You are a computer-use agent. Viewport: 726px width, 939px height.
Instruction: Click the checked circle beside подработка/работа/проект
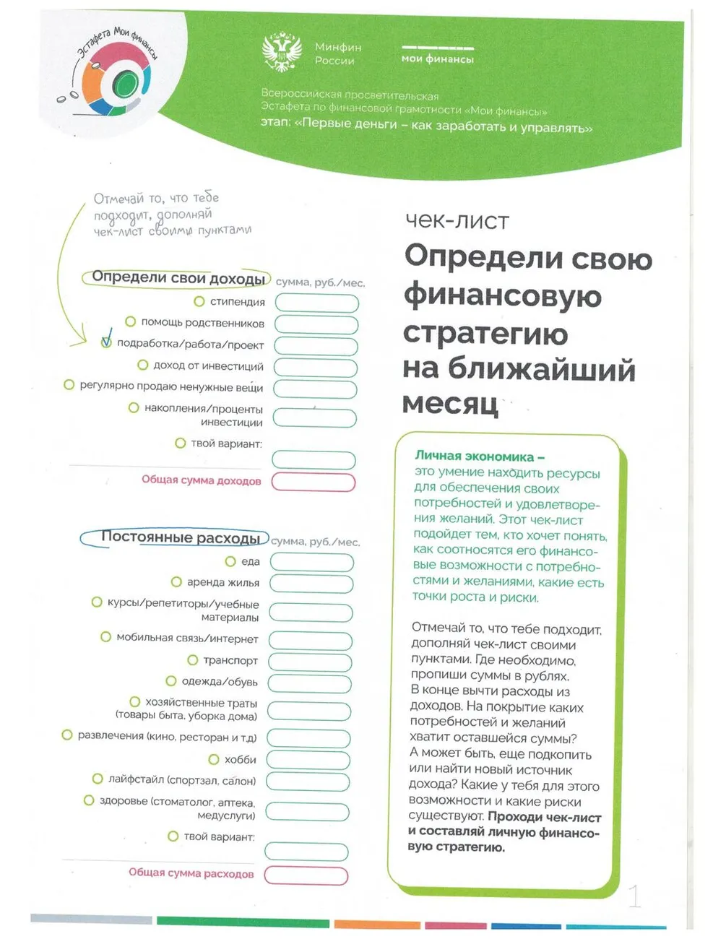pos(106,342)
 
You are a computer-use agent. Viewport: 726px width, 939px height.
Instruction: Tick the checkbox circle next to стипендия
pos(199,300)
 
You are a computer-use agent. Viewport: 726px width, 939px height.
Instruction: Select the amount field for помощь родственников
pos(316,324)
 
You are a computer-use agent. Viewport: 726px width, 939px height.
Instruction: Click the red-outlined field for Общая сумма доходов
pos(314,483)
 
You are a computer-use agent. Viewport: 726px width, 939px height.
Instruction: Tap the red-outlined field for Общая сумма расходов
pos(306,875)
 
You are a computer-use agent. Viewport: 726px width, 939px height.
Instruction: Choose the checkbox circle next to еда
pos(230,561)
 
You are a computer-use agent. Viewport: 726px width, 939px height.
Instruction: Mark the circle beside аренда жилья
pos(176,582)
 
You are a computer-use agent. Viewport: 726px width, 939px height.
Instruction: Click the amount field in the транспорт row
pos(311,662)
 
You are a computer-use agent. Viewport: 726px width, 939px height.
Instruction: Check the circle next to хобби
pos(214,759)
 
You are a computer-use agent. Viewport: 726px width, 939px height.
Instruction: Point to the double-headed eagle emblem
pos(282,53)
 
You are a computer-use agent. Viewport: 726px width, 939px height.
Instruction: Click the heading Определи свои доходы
pos(178,278)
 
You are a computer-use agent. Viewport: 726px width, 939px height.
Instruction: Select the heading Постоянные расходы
pos(180,537)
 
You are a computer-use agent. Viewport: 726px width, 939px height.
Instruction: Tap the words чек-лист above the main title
pos(457,220)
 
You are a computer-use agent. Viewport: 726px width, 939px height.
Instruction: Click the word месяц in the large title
pos(450,403)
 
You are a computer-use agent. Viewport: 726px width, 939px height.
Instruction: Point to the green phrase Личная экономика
pos(474,456)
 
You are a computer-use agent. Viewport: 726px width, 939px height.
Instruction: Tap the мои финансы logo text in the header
pos(437,59)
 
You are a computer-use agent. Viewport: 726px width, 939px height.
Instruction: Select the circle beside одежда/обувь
pos(171,681)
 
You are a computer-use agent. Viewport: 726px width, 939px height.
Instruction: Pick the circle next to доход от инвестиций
pos(143,365)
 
